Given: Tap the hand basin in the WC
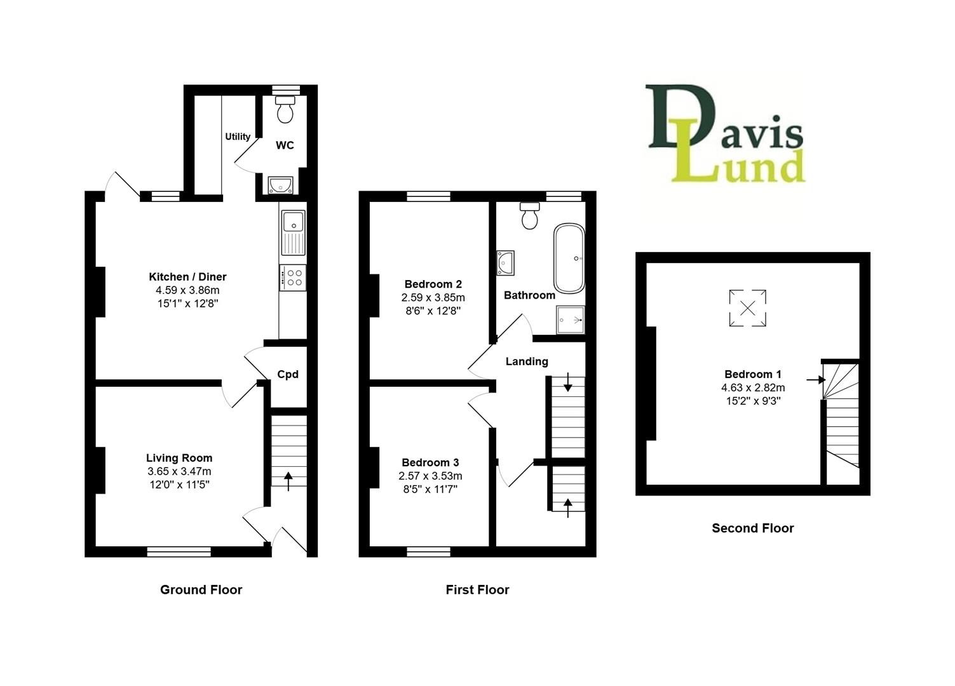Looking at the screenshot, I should coord(280,184).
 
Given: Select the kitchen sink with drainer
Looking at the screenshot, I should coord(293,232).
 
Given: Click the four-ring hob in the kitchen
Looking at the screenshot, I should coord(293,278).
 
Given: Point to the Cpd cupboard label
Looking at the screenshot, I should coord(288,375).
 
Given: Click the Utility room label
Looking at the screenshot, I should coord(238,137).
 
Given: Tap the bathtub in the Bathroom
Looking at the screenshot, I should coord(569,257).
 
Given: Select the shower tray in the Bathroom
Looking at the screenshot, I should coord(569,319).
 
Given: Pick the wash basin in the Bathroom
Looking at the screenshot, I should coord(506,262).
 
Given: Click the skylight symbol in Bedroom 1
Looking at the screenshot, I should coord(748,309).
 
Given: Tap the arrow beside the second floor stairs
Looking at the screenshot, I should coord(815,380).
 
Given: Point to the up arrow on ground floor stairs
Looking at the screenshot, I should coord(288,480).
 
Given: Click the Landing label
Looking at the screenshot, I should coord(527,361).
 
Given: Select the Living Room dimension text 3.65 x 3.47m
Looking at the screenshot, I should coord(179,471).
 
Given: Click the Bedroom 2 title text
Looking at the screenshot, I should coord(433,284).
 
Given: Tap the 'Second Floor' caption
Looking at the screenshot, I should coord(752,528).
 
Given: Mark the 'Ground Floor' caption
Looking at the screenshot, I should coord(201,589).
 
